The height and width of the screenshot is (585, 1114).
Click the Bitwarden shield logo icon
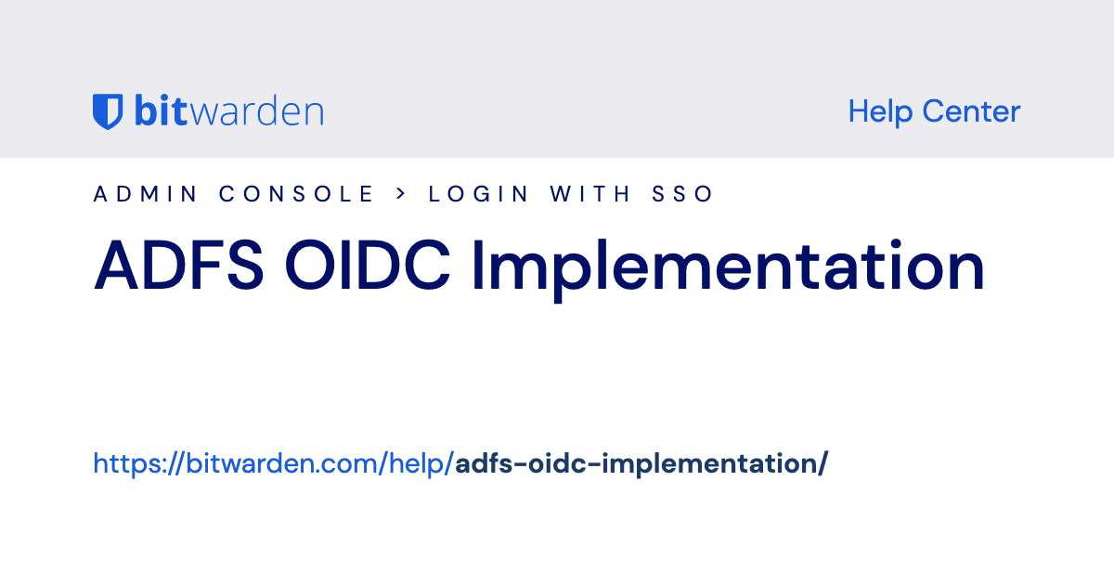(x=107, y=111)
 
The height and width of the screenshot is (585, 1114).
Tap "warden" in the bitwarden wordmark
(x=261, y=111)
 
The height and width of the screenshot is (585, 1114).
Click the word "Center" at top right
(x=971, y=111)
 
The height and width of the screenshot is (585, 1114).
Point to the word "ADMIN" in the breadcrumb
(x=146, y=194)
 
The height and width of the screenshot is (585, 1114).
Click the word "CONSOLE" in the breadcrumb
(x=296, y=194)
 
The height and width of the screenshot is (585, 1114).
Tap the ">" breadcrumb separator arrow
(x=401, y=194)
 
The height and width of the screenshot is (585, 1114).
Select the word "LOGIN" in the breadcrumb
(x=479, y=194)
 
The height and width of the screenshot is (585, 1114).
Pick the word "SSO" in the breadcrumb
(x=681, y=194)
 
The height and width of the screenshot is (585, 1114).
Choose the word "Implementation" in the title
(x=728, y=267)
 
